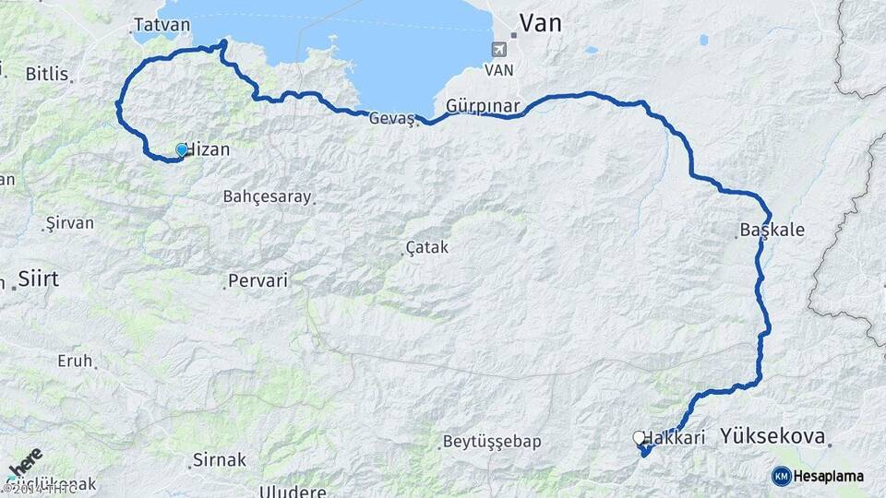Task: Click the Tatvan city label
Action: coord(161,25)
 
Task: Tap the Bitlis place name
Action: coord(46,73)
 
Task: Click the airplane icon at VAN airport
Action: coord(500,49)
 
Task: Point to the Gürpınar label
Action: coord(483,105)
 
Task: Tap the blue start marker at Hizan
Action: coord(182,149)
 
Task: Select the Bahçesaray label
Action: coord(267,196)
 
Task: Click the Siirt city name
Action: coord(38,279)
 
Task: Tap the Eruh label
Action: coord(75,361)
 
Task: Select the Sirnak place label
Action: coord(220,458)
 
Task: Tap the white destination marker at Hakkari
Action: coord(639,437)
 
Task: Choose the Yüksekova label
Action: coord(773,436)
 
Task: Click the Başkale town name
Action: coord(772,231)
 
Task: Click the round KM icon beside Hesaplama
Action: coord(782,476)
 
